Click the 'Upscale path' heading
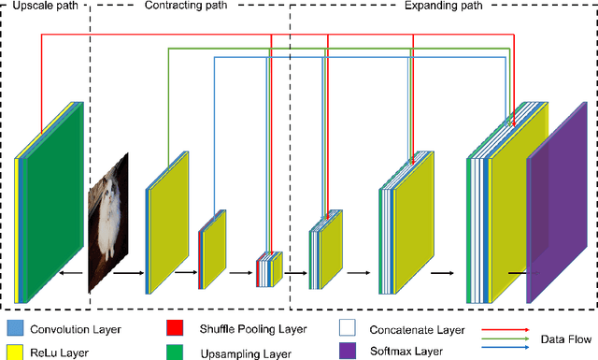[43, 7]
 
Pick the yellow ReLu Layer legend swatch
[13, 351]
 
